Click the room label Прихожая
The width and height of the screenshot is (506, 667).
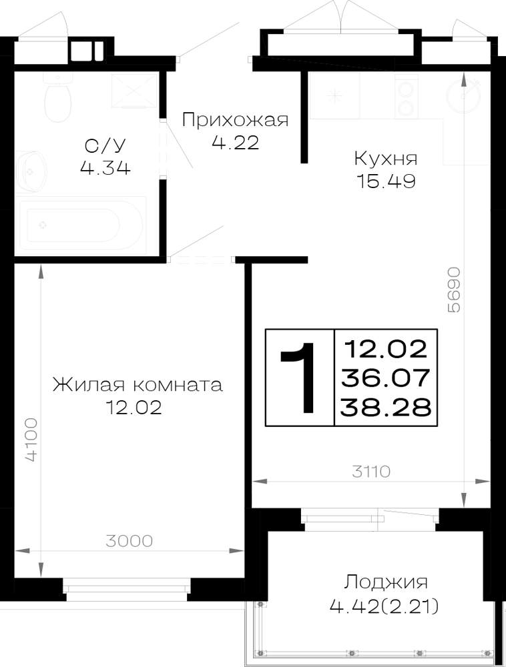[235, 120]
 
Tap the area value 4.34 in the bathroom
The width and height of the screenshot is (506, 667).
[105, 169]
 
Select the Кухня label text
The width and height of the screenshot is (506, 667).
[386, 159]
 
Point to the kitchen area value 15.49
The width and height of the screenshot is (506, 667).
[386, 181]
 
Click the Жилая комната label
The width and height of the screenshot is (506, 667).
[138, 385]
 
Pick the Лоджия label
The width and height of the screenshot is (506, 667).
[386, 582]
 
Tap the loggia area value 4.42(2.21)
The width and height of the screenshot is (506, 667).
[385, 606]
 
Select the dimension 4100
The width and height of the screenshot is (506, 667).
[31, 440]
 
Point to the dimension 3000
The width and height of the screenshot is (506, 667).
[129, 541]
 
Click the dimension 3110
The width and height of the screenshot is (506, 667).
[371, 472]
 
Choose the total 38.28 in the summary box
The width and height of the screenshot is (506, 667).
[386, 408]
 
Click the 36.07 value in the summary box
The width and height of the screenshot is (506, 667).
[385, 378]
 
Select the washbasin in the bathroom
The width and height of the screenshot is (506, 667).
[31, 171]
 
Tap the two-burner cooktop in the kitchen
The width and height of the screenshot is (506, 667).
[407, 97]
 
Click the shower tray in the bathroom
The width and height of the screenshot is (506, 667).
[134, 90]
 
